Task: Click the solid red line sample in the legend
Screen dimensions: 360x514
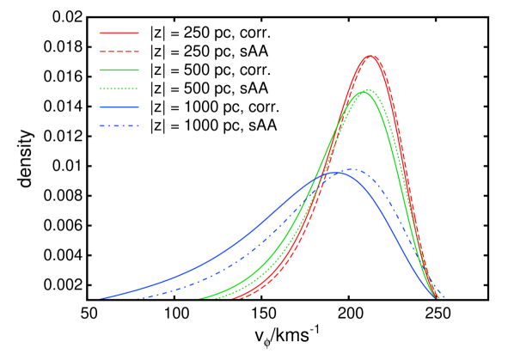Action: (119, 34)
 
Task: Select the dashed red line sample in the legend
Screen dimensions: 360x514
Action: (119, 52)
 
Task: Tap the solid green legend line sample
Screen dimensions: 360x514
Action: (119, 70)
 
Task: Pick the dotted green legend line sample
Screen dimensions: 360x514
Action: (119, 88)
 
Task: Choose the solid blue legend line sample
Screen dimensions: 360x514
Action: (119, 107)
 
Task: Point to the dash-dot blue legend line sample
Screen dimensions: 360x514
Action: (119, 125)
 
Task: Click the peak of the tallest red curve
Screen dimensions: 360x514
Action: (370, 56)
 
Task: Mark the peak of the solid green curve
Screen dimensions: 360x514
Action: (363, 92)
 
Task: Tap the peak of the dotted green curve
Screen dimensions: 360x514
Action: (369, 89)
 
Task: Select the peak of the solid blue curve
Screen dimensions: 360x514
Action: (336, 173)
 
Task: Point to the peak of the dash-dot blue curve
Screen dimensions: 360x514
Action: (352, 169)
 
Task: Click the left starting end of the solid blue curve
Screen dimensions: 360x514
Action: (101, 298)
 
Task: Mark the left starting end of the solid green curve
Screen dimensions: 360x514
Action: (200, 298)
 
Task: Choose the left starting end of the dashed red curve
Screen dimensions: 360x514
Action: (242, 298)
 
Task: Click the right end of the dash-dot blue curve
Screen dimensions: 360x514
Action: (444, 298)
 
